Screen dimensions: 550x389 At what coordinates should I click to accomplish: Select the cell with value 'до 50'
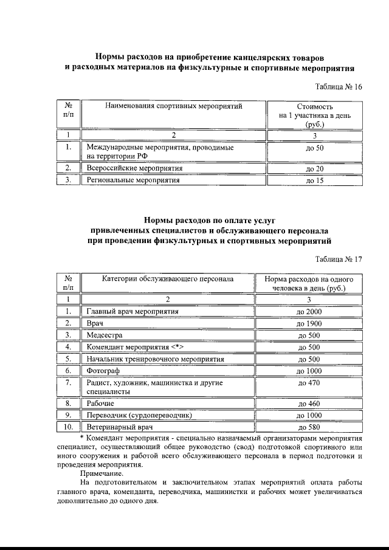314,148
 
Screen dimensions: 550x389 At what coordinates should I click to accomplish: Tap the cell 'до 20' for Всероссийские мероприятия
314,168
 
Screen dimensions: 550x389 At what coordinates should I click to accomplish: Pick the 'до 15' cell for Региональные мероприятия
314,180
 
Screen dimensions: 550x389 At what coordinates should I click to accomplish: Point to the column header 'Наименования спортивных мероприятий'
174,106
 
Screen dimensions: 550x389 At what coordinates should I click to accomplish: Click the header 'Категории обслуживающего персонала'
168,279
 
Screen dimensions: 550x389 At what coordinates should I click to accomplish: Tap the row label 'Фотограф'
103,371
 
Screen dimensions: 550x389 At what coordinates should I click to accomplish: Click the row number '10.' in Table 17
69,427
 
